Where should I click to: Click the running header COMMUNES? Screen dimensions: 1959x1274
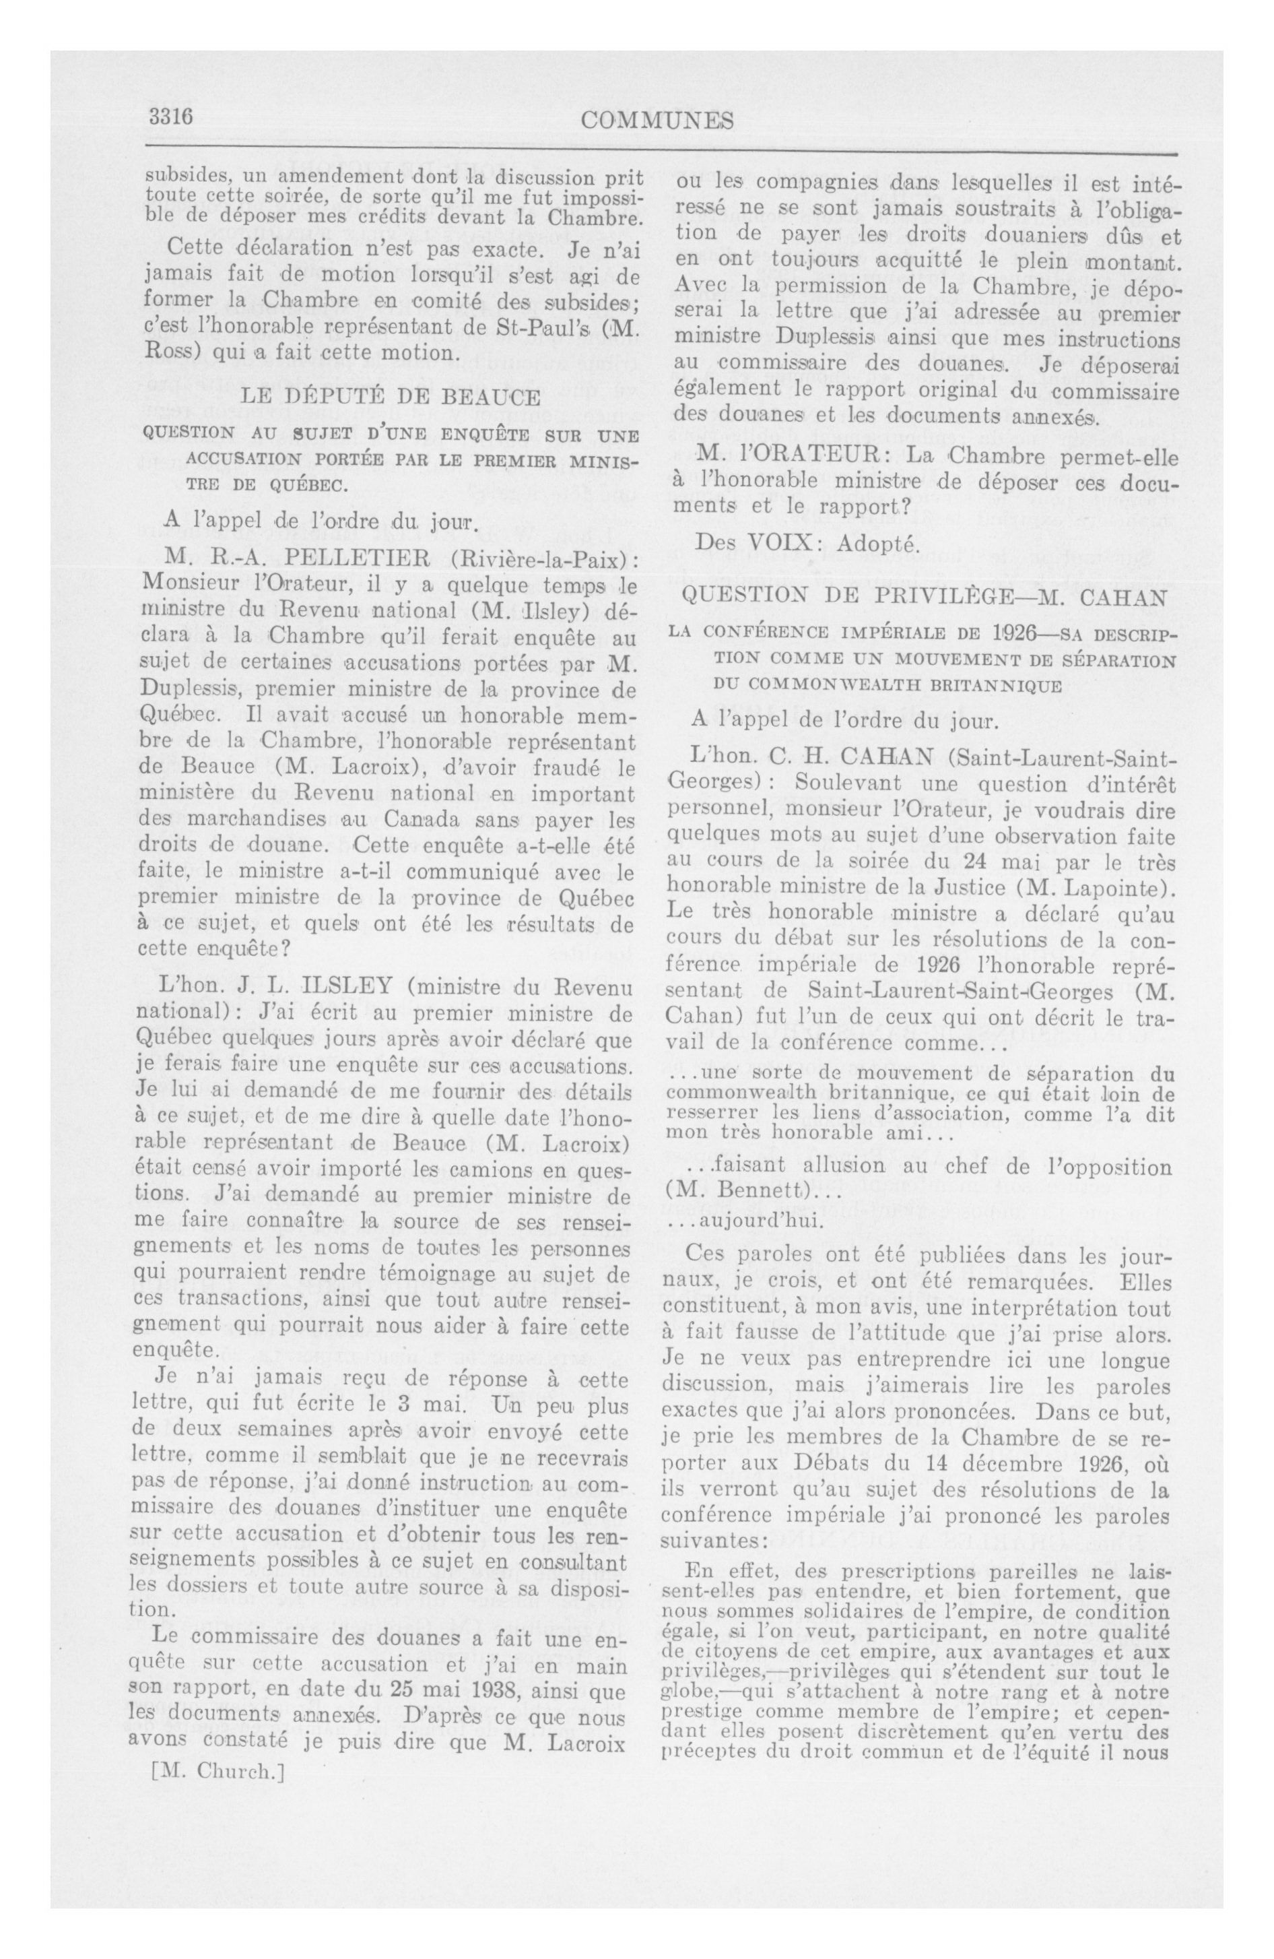657,121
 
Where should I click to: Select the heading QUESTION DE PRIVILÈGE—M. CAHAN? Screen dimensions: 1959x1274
925,598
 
